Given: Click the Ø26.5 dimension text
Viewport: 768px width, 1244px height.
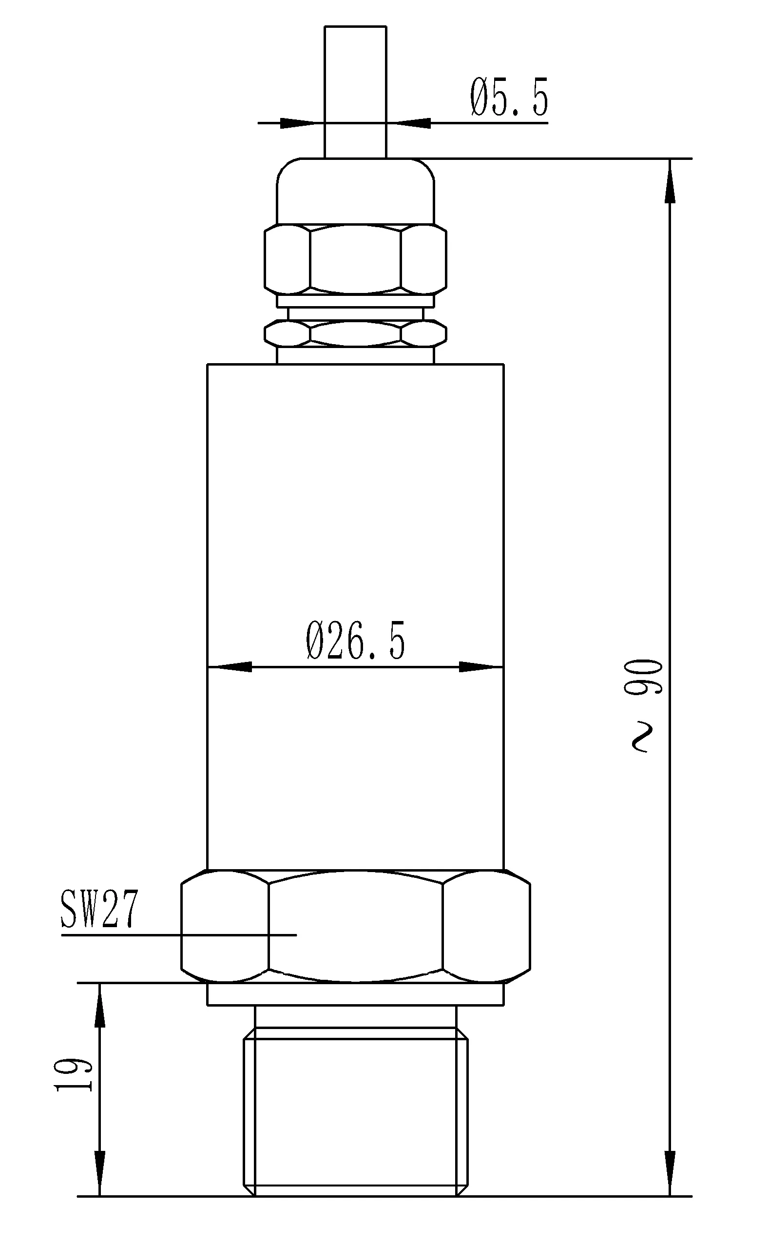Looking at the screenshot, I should point(356,641).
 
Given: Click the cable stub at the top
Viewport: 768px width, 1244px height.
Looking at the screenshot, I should point(355,92).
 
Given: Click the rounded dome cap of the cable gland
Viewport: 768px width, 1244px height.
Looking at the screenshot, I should point(355,191).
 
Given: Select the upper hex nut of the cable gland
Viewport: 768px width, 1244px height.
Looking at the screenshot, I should point(355,259).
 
